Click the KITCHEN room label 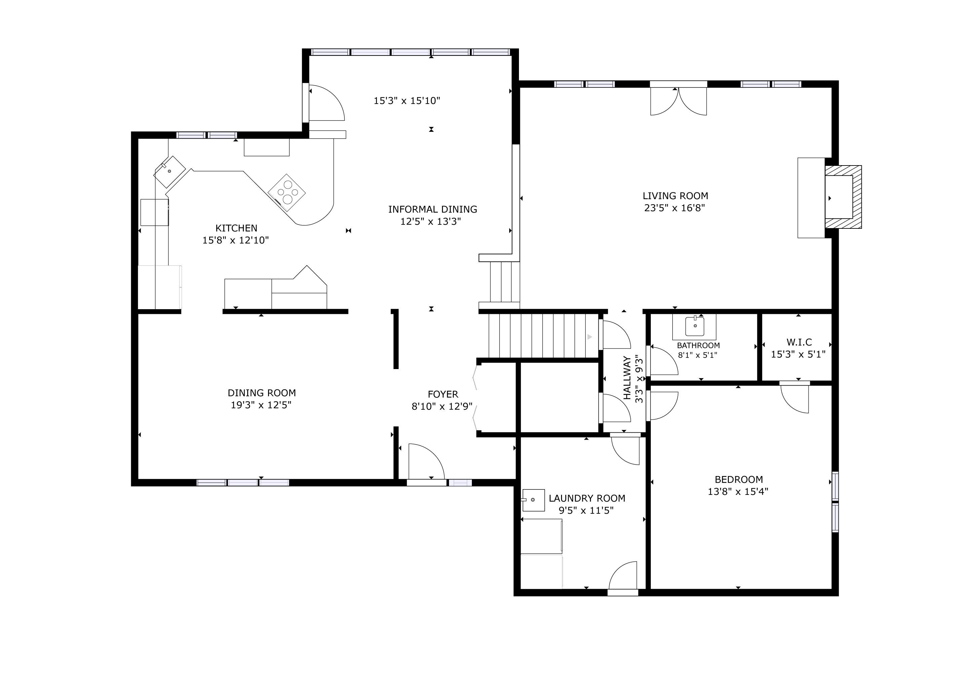pyautogui.click(x=236, y=228)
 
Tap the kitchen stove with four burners pyautogui.click(x=287, y=193)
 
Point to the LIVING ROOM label pyautogui.click(x=675, y=196)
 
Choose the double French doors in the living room pyautogui.click(x=679, y=101)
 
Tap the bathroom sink pyautogui.click(x=695, y=326)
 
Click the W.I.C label pyautogui.click(x=799, y=342)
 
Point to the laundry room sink pyautogui.click(x=533, y=500)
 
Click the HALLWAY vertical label pyautogui.click(x=627, y=377)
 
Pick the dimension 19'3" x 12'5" pyautogui.click(x=261, y=405)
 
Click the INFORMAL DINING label pyautogui.click(x=433, y=209)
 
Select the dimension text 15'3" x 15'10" pyautogui.click(x=407, y=101)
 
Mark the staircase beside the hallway pyautogui.click(x=544, y=336)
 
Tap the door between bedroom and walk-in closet pyautogui.click(x=794, y=398)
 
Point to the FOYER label pyautogui.click(x=443, y=395)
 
